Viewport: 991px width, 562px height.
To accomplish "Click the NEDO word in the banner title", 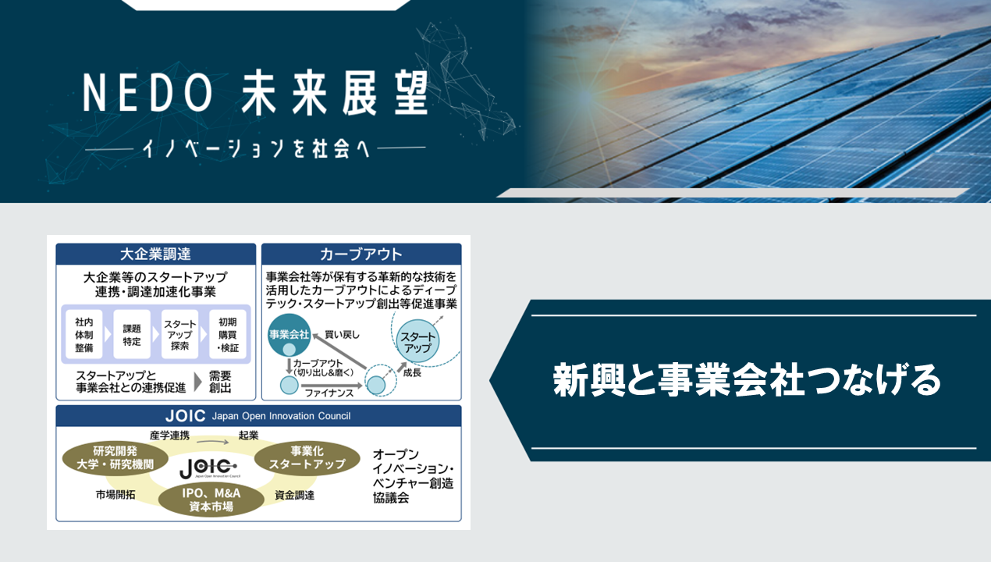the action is point(147,92).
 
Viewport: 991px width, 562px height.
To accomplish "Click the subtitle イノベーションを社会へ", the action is point(256,148).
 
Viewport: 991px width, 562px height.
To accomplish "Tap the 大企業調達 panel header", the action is point(156,254).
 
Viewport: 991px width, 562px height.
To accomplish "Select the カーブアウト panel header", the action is point(361,254).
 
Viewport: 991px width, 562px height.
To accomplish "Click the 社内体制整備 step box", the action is point(84,335).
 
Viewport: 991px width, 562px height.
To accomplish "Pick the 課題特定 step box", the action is point(132,335).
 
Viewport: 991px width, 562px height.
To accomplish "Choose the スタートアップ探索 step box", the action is point(179,335).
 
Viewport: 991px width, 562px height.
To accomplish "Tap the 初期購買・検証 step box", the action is point(227,335).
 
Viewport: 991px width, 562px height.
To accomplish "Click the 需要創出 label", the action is point(220,382).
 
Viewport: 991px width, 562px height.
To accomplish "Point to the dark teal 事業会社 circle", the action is point(289,335).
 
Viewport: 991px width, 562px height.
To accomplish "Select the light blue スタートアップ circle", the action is point(417,341).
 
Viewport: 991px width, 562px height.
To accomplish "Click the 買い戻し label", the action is point(342,335).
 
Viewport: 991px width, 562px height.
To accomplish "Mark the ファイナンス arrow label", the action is point(329,393).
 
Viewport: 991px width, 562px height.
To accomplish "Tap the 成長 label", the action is point(412,372).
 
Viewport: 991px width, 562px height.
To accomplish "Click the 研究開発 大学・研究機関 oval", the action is point(115,458).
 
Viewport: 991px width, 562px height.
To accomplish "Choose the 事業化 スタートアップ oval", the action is point(307,458).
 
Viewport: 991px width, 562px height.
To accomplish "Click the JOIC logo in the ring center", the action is point(209,468).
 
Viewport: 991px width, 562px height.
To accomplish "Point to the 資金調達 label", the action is point(295,495).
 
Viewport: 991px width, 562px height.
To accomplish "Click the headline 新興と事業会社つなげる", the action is point(747,379).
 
